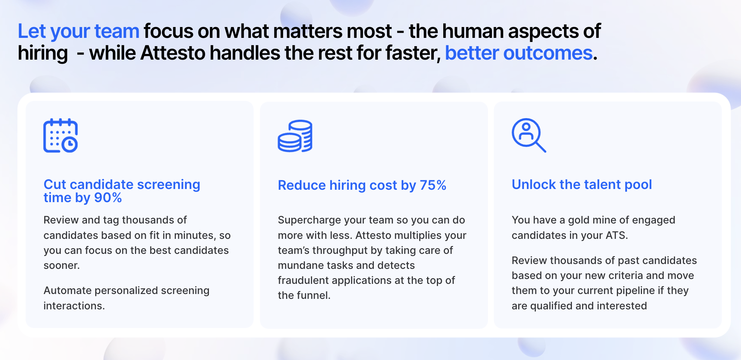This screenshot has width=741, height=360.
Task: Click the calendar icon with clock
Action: click(x=60, y=135)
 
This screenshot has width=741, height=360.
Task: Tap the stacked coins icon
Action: click(x=295, y=136)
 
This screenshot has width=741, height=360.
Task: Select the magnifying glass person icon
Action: click(x=529, y=135)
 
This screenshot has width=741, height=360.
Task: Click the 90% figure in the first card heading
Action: click(x=108, y=198)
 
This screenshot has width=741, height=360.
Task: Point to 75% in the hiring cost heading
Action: click(x=433, y=185)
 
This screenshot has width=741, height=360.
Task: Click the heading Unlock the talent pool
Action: click(x=582, y=184)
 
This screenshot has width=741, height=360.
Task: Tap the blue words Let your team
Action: click(x=79, y=31)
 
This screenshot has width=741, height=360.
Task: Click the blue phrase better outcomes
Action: click(x=519, y=53)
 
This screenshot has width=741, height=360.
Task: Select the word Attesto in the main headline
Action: click(x=173, y=53)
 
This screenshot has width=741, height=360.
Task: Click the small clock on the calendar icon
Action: click(x=70, y=144)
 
